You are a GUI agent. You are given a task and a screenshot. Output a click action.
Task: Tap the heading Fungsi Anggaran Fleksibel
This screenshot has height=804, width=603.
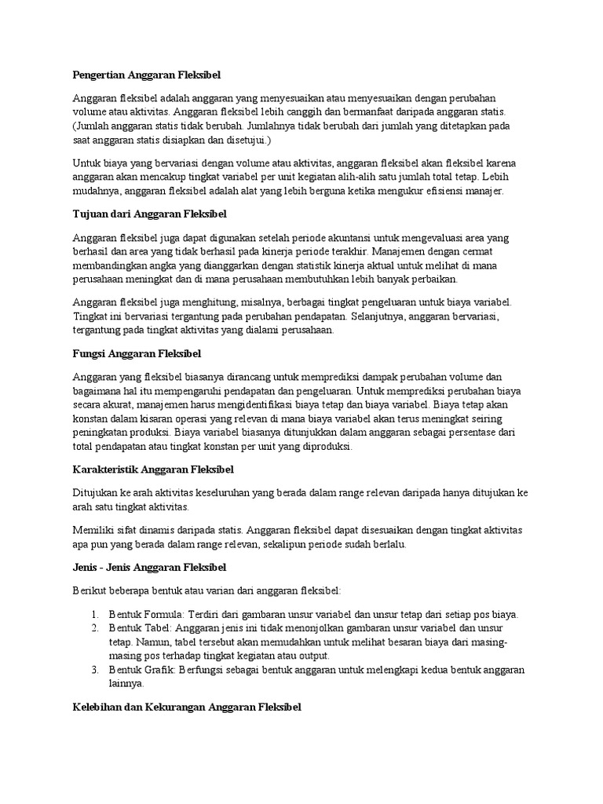point(137,354)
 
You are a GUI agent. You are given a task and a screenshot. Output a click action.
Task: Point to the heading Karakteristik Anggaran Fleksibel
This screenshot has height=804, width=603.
point(154,470)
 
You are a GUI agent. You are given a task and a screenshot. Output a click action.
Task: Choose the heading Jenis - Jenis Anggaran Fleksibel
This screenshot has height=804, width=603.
point(148,566)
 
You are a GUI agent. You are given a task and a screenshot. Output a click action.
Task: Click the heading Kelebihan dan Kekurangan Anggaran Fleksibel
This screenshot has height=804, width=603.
point(187,707)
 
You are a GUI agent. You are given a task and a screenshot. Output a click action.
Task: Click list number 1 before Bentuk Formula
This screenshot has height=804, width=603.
point(93,614)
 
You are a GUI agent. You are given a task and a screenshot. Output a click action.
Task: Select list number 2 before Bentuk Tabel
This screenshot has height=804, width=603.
point(93,628)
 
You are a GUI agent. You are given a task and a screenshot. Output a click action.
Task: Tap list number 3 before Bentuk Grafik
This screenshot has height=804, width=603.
point(93,670)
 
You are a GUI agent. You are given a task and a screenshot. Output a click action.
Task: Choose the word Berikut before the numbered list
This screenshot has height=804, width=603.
point(90,590)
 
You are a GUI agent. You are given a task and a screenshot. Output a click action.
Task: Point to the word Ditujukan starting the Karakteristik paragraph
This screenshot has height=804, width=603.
point(97,492)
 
